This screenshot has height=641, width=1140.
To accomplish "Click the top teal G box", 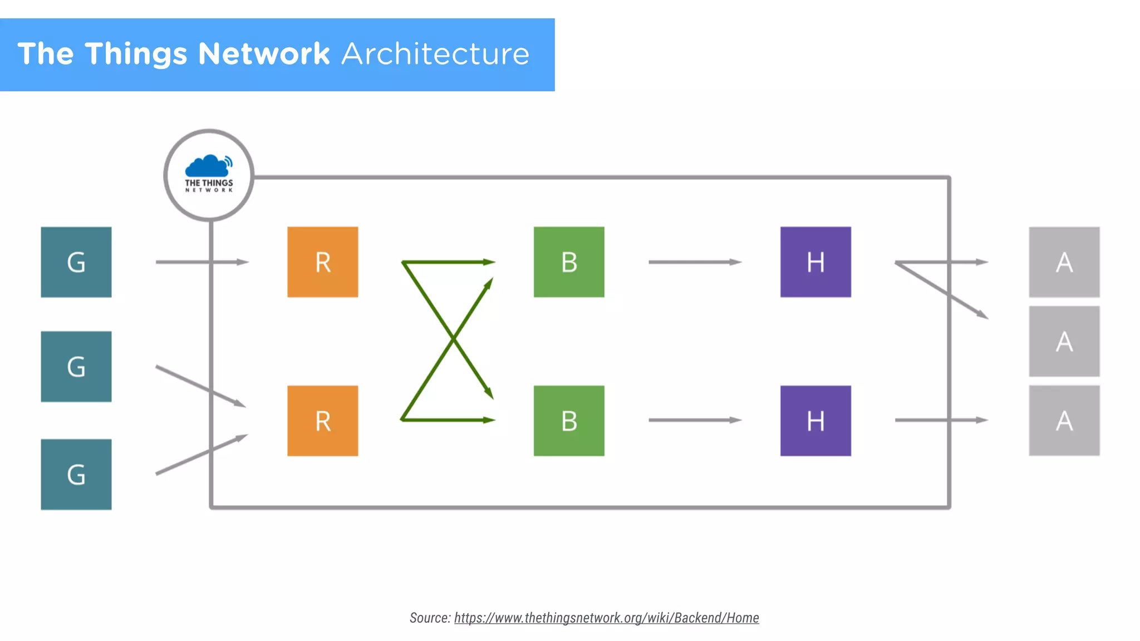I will [x=76, y=262].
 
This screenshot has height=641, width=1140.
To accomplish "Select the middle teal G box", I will [x=76, y=367].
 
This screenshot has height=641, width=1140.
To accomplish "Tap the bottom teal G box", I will [x=76, y=475].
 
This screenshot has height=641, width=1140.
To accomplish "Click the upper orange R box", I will [x=323, y=262].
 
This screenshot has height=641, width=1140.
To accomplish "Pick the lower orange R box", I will [x=323, y=421].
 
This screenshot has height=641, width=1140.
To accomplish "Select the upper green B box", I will [x=569, y=262].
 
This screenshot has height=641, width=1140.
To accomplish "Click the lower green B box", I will [x=569, y=421].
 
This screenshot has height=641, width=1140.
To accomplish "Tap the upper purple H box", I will [x=815, y=262].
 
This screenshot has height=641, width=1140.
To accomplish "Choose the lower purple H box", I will [x=815, y=421].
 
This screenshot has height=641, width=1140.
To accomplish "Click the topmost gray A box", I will [x=1064, y=262].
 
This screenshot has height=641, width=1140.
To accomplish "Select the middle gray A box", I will [x=1064, y=341].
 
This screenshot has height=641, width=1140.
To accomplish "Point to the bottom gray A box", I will [x=1064, y=421].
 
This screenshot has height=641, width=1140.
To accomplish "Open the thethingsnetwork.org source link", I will [x=606, y=618].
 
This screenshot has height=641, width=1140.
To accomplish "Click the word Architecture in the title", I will [x=435, y=54].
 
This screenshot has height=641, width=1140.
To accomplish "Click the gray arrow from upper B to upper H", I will [x=695, y=262].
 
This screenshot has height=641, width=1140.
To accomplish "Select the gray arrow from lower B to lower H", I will [x=695, y=420].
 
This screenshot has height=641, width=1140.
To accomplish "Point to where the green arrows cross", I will [x=453, y=338].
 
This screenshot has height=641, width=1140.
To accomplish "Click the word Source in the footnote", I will [x=429, y=618].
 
